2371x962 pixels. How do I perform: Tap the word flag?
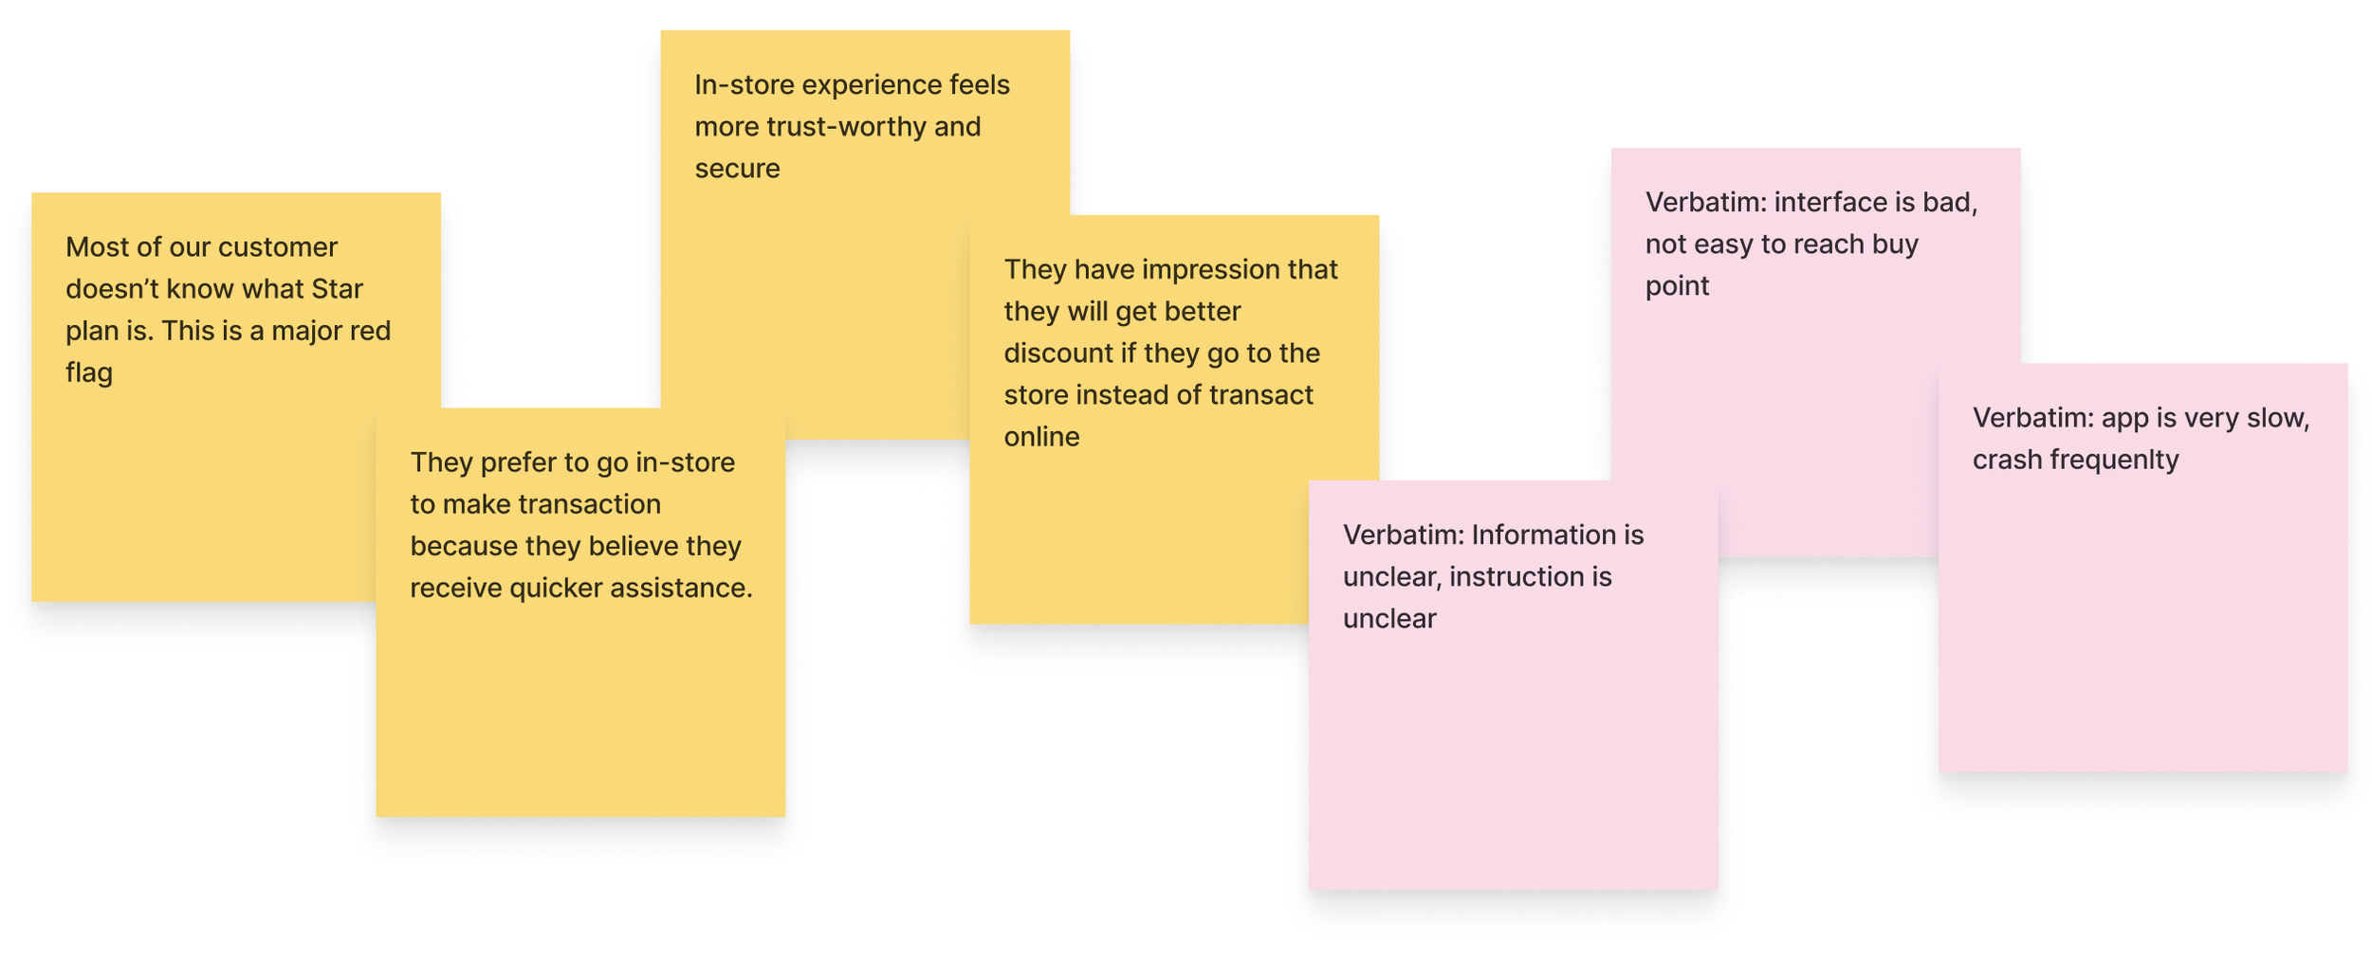[89, 372]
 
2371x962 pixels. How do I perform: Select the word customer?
[277, 247]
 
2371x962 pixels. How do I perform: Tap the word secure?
[737, 169]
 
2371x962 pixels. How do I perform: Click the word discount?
[1057, 354]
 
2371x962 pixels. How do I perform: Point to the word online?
[1041, 437]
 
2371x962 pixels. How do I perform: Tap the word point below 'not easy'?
[1677, 286]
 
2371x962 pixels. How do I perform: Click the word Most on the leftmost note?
[92, 247]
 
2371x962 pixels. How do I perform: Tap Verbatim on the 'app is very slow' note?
[2032, 418]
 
